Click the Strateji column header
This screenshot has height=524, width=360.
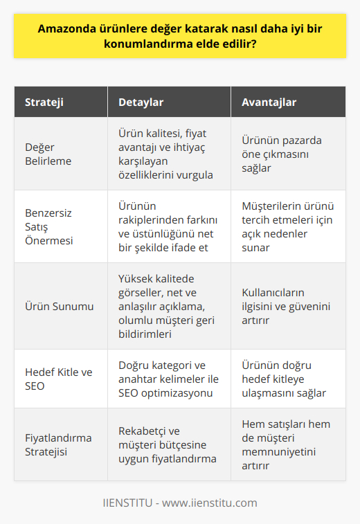coord(46,102)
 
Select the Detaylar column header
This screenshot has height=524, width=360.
coord(141,102)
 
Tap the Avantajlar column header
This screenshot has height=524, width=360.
coord(269,102)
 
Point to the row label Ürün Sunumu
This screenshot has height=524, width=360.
coord(56,305)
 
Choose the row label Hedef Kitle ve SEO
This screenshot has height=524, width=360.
coord(57,379)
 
